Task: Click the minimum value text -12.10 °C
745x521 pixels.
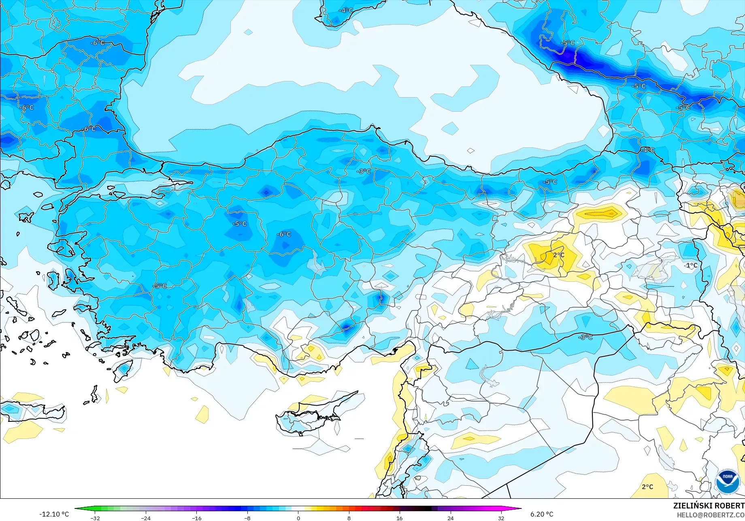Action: [54, 514]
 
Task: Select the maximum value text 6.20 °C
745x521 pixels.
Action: [542, 514]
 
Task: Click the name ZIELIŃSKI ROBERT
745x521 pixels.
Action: [709, 506]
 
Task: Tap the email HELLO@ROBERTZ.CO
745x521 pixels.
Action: [711, 515]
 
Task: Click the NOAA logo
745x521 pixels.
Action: [728, 481]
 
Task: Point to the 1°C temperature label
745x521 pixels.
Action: [692, 266]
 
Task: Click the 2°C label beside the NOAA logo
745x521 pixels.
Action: [647, 487]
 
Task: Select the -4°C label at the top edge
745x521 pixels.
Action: [346, 11]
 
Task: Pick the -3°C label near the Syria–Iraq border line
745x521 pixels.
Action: [586, 337]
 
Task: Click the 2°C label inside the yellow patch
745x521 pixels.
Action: [559, 255]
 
